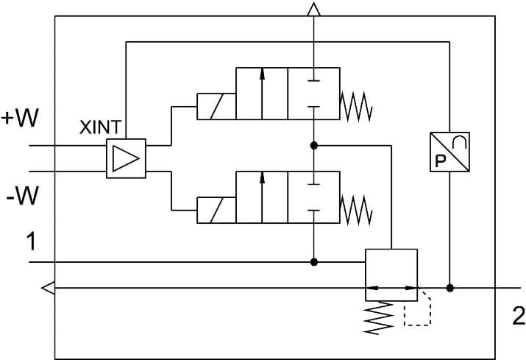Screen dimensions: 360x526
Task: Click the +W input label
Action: (x=21, y=119)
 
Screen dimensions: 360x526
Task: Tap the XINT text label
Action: (x=101, y=127)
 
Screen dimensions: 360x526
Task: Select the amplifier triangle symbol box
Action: (x=127, y=158)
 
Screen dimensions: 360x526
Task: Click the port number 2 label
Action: (x=519, y=317)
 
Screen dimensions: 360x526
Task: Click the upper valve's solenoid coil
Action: (x=216, y=107)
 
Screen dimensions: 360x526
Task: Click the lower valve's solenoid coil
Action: (x=216, y=210)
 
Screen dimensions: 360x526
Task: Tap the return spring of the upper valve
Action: (x=357, y=107)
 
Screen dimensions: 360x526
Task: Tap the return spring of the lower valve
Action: (x=357, y=210)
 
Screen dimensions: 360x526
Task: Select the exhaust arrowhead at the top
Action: (x=314, y=9)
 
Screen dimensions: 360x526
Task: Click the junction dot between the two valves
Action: (x=314, y=146)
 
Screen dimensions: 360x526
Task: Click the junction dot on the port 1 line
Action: (x=314, y=261)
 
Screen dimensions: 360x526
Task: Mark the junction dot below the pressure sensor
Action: (x=450, y=288)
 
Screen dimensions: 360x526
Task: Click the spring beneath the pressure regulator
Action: (x=380, y=319)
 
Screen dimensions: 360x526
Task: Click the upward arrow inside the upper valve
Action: (x=262, y=92)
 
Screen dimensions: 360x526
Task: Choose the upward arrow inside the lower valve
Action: (x=262, y=196)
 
